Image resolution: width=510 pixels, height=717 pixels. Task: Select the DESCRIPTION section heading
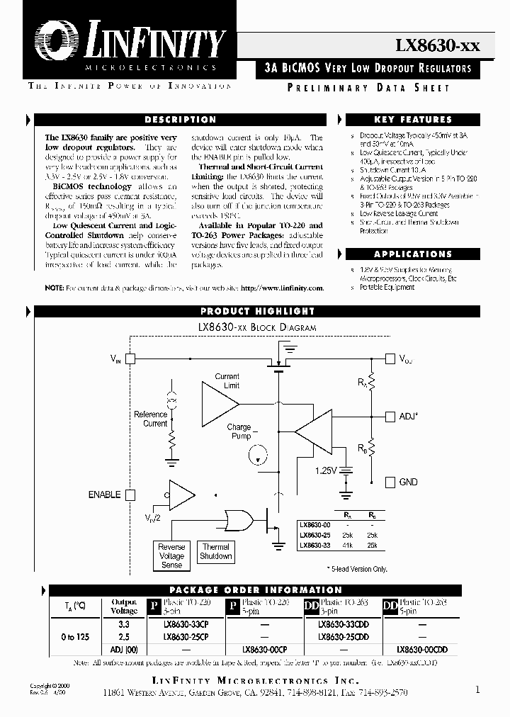[x=180, y=120]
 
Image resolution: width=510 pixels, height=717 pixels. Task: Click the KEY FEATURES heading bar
[x=412, y=120]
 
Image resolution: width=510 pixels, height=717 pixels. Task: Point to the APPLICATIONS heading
[x=412, y=254]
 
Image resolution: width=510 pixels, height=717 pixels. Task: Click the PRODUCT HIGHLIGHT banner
[x=257, y=311]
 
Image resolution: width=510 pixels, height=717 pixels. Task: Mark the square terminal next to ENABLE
[x=130, y=495]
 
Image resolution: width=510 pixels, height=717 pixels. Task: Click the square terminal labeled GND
[x=389, y=482]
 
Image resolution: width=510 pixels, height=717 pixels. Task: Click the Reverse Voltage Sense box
[x=171, y=556]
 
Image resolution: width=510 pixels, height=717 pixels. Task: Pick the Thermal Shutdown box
[x=216, y=551]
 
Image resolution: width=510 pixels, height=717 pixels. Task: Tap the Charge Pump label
[x=239, y=431]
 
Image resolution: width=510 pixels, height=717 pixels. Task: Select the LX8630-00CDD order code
[x=421, y=649]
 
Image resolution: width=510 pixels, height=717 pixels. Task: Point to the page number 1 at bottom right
[x=477, y=689]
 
